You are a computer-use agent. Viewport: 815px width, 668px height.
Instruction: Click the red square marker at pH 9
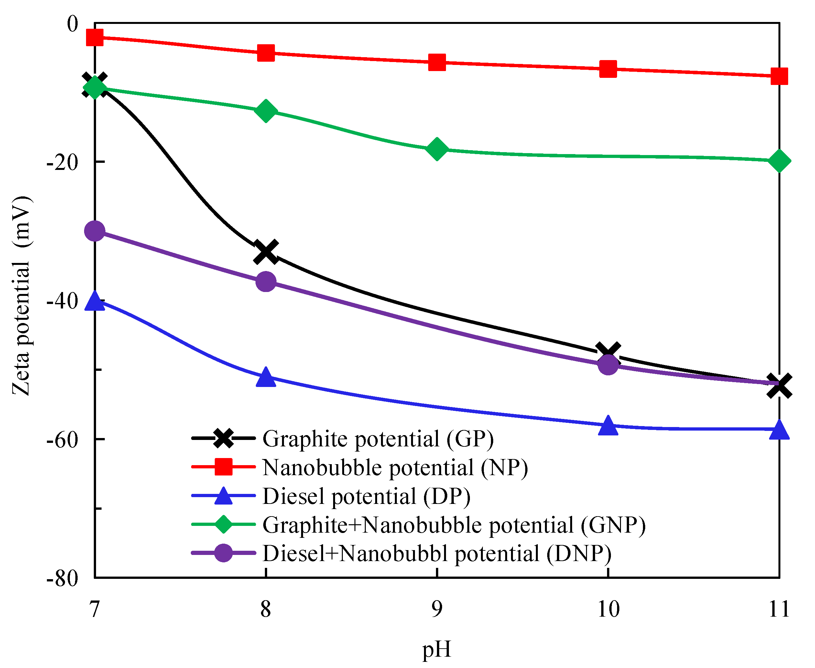[x=437, y=62]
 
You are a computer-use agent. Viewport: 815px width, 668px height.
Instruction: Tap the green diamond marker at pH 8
[x=266, y=111]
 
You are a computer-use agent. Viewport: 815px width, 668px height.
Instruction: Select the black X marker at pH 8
[x=266, y=252]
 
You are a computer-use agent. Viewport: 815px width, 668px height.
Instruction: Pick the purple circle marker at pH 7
[x=95, y=231]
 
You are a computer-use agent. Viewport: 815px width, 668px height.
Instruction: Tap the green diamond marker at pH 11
[x=779, y=161]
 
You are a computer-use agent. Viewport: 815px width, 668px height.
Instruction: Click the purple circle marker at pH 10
[x=608, y=364]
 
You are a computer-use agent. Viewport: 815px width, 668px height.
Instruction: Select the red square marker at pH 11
[x=779, y=76]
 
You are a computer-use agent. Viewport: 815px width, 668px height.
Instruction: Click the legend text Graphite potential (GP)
[x=378, y=439]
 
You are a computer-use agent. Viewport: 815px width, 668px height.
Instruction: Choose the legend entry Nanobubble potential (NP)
[x=395, y=467]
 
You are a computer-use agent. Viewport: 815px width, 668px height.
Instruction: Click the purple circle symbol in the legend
[x=223, y=553]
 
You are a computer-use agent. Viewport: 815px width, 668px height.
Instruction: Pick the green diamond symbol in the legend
[x=223, y=524]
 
